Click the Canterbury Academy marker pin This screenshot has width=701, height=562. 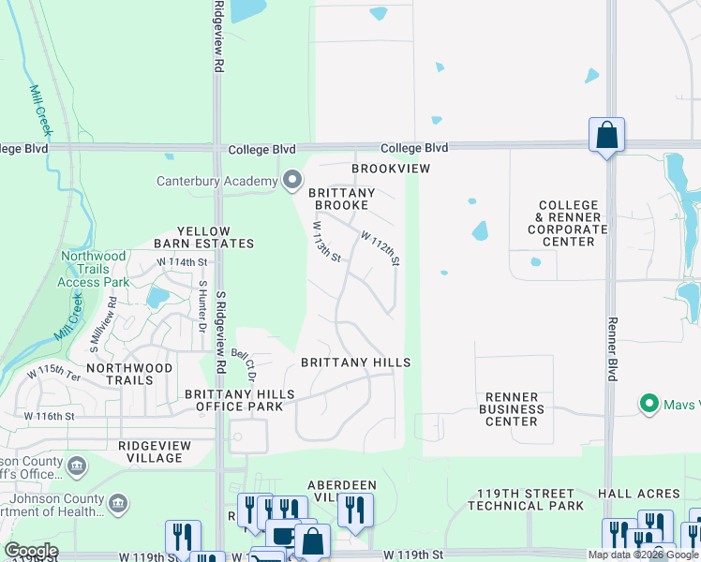tap(292, 179)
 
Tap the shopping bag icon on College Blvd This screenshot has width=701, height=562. tap(606, 136)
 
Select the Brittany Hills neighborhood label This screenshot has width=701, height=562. tap(355, 362)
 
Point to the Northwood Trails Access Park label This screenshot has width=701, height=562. tap(93, 269)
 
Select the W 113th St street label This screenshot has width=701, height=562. tap(325, 242)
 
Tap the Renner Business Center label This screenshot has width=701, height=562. tap(511, 409)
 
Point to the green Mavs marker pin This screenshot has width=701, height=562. tap(647, 405)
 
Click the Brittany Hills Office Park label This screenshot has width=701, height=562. tap(239, 400)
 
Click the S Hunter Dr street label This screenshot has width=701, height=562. tap(201, 305)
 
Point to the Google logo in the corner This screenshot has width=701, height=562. tap(31, 551)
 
